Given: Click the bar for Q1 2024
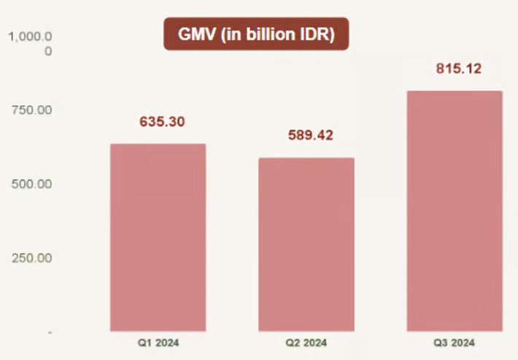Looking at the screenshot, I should [158, 237].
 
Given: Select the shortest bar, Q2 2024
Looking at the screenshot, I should [306, 245].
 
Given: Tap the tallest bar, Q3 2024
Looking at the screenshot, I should [455, 212].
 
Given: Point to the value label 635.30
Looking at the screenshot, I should [162, 122].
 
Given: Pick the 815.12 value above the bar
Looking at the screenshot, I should [458, 69].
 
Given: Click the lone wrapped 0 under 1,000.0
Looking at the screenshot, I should [48, 52].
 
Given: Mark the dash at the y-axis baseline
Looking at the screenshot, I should [50, 332].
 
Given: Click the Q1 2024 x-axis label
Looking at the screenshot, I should [158, 342].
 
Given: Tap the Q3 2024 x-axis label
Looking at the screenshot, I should [455, 342].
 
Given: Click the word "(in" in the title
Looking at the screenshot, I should [233, 35].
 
